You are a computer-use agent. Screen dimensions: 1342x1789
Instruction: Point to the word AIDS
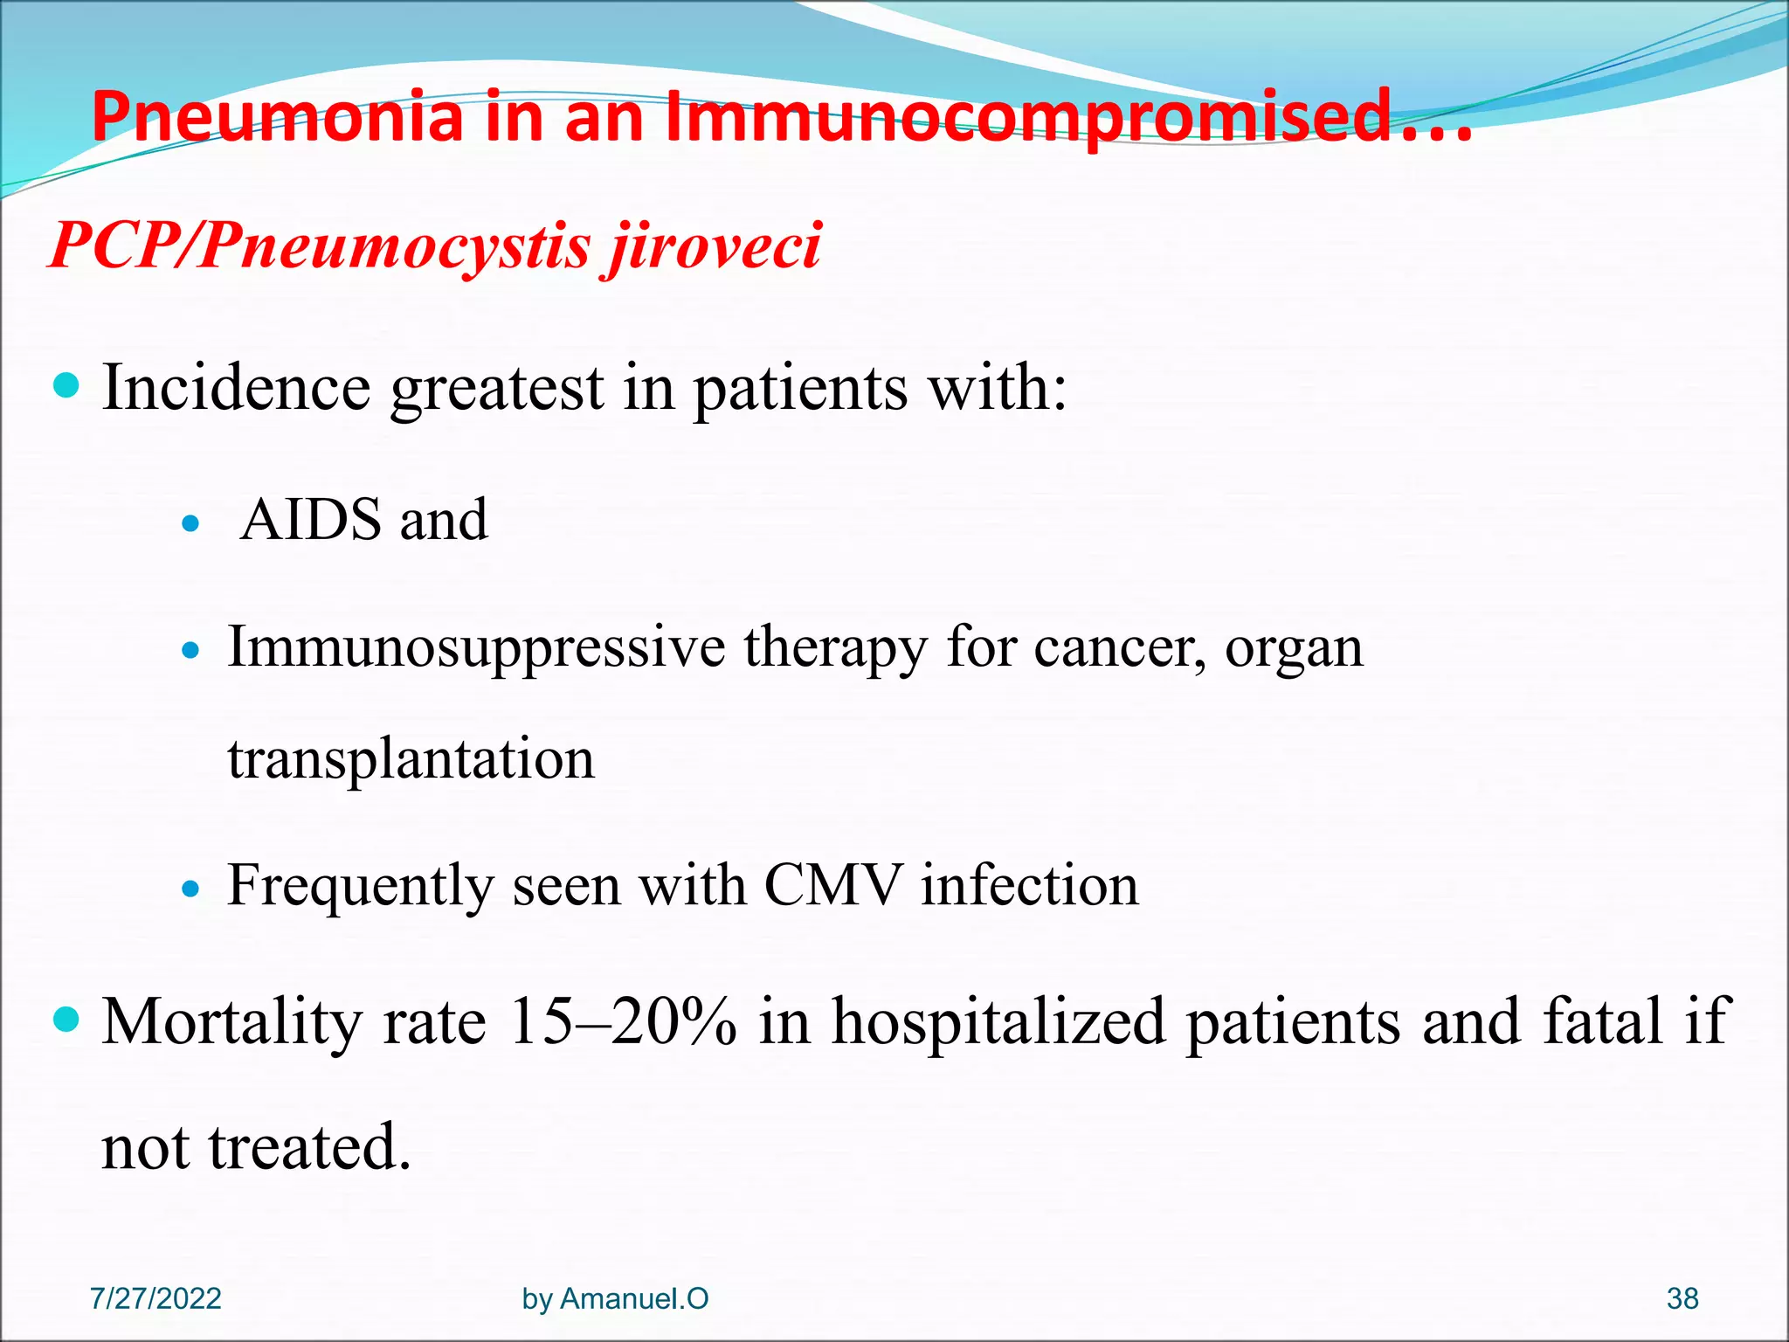(311, 521)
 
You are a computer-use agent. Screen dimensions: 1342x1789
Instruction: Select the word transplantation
(411, 758)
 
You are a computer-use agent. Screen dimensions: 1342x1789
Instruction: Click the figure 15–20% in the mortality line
(623, 1021)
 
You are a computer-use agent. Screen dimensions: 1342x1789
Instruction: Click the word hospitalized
(998, 1021)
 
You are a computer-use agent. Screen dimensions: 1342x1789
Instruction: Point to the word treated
(308, 1148)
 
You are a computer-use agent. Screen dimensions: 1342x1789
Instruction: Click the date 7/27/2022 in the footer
(155, 1298)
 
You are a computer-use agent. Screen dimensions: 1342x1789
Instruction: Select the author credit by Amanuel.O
(615, 1298)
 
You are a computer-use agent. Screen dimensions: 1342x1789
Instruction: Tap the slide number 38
(1682, 1298)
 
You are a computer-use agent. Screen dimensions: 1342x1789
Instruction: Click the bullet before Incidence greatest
(66, 385)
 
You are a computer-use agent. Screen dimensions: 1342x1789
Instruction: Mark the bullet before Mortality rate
(66, 1019)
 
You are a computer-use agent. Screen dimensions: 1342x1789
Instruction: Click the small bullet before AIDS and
(190, 524)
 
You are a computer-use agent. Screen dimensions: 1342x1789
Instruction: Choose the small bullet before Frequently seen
(190, 889)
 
